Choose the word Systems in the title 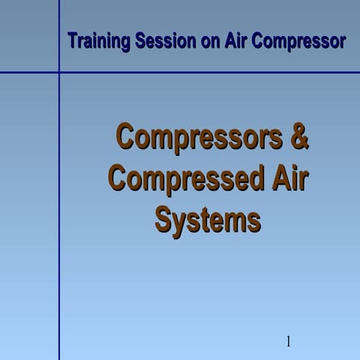[x=208, y=220]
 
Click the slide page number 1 [x=288, y=343]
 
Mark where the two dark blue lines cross [x=59, y=73]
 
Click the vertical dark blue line [x=59, y=225]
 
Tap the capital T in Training [x=72, y=40]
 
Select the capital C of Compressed [x=119, y=180]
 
